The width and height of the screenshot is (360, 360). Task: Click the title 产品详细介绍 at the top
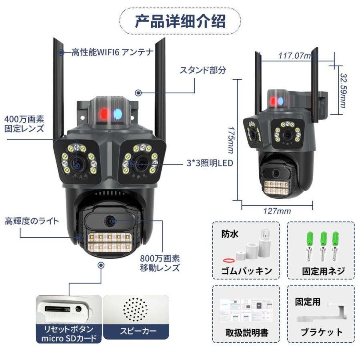pos(180,20)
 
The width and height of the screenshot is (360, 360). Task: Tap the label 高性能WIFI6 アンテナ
pos(112,52)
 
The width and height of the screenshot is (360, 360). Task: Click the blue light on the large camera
pos(118,114)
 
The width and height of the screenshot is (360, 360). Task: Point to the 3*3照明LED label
pos(210,163)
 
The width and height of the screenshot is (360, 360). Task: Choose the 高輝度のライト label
pos(32,221)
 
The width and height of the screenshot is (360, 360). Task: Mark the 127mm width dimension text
pos(277,211)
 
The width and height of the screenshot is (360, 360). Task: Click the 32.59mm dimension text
pos(343,90)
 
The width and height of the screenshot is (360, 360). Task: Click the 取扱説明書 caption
pos(246,333)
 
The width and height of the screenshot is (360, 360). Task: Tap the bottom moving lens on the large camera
pos(109,220)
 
